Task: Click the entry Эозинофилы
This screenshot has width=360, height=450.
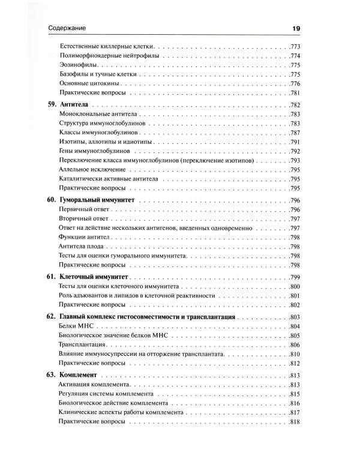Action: (79, 65)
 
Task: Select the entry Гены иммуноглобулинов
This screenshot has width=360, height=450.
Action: (96, 152)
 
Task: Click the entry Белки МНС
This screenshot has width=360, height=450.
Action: (76, 326)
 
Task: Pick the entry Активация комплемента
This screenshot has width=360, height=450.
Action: (97, 384)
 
